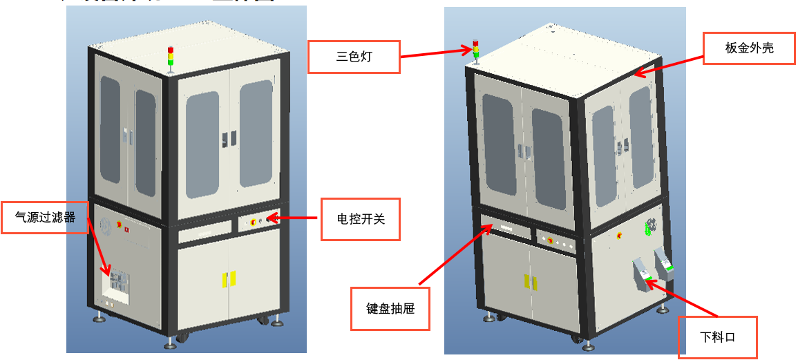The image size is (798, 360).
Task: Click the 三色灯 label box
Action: coord(354,57)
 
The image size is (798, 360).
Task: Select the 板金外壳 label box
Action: coord(749,48)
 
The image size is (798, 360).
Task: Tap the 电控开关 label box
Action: coord(360,219)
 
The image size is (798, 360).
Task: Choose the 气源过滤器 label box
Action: coord(46,217)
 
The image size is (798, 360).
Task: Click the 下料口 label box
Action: coord(717,337)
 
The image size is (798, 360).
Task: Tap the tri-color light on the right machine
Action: coord(475,50)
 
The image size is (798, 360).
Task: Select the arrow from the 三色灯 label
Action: coord(435,53)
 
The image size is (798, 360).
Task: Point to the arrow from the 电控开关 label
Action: coord(293,219)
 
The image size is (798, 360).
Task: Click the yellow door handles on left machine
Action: coord(228,279)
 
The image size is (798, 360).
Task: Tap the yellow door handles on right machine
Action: coord(529,281)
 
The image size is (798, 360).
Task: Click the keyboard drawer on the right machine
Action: coord(506,229)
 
